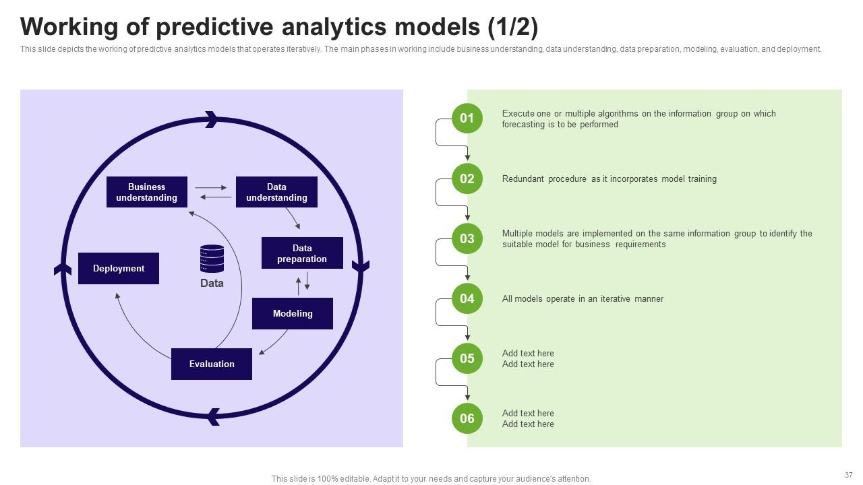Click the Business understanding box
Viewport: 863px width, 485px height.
tap(147, 192)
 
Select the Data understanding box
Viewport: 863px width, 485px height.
tap(276, 192)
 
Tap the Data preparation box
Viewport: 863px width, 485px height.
tap(302, 253)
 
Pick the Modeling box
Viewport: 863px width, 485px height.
tap(293, 313)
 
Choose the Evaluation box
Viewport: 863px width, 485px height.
tap(212, 364)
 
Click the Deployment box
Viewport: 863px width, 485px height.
tap(119, 268)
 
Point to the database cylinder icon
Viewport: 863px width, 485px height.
tap(212, 258)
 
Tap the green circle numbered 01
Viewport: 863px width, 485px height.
tap(467, 118)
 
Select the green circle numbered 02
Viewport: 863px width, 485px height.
tap(467, 179)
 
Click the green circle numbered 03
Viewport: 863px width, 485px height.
tap(467, 238)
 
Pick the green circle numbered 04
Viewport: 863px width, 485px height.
tap(467, 298)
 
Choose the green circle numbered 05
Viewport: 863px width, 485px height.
tap(467, 358)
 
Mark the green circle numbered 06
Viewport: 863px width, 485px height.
tap(467, 418)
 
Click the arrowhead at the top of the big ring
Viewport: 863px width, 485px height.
tap(212, 120)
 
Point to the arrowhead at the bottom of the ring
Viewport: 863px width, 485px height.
tap(213, 417)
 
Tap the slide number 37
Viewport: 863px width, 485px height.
tap(848, 475)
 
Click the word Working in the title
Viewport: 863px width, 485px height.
tap(69, 28)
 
